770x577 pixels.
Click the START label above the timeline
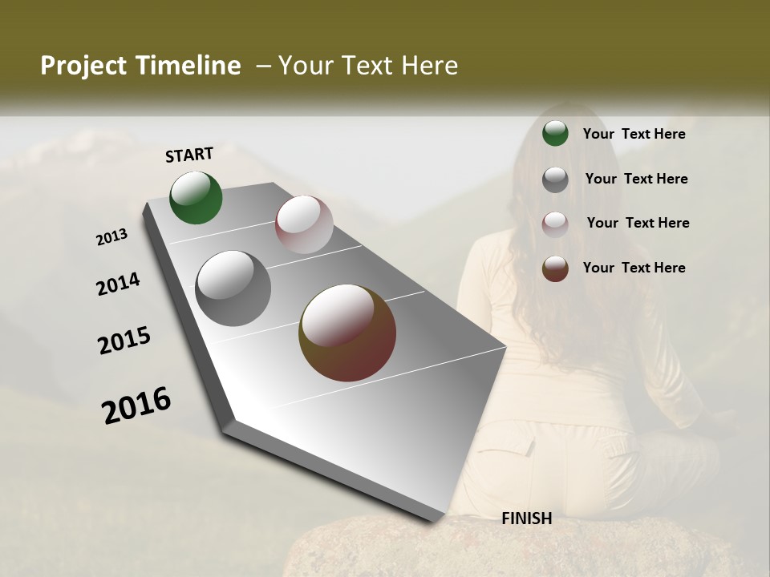[189, 155]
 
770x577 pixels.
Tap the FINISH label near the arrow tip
[526, 518]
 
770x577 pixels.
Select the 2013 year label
[112, 237]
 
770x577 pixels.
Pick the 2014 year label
[119, 284]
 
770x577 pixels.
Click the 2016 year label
[136, 406]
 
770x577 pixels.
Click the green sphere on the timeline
[196, 198]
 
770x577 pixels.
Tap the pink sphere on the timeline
[304, 224]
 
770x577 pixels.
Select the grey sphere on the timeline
[233, 288]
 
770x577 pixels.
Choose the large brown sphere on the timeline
[347, 333]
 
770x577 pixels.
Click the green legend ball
[555, 134]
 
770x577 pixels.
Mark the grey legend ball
[555, 180]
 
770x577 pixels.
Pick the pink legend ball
[555, 224]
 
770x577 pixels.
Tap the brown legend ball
[555, 268]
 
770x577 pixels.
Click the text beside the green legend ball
[634, 134]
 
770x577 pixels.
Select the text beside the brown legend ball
[634, 268]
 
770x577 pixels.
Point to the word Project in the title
[82, 66]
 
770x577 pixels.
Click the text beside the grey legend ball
[636, 179]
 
